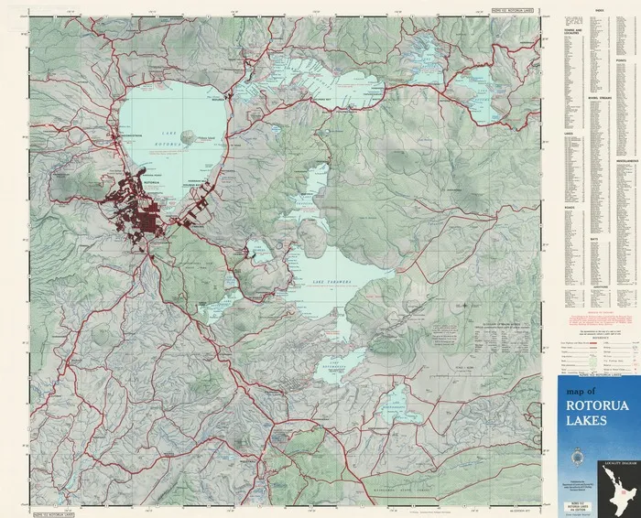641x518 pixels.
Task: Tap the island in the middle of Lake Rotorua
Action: point(189,137)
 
